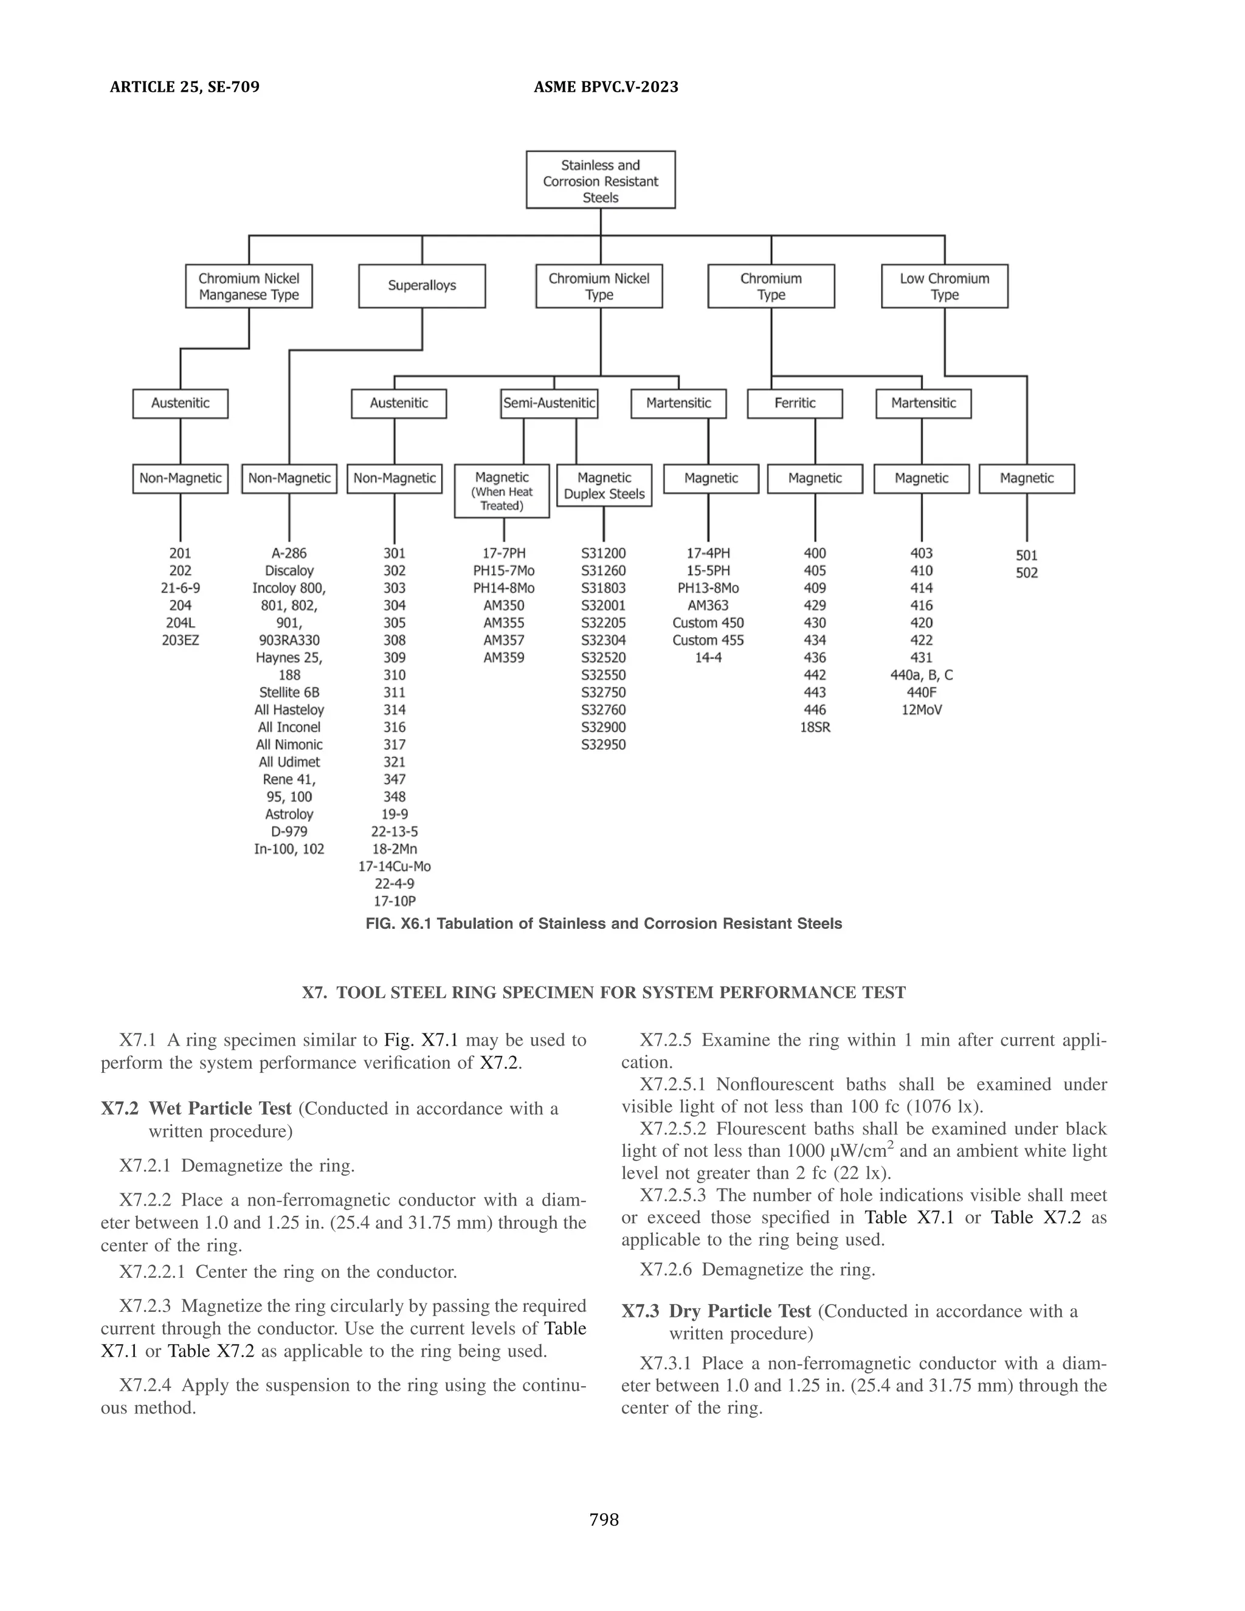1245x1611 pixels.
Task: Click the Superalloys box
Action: [x=422, y=286]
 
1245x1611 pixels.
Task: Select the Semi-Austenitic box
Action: [x=549, y=404]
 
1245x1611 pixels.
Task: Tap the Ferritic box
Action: [x=795, y=404]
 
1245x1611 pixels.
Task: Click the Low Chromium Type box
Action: [x=944, y=286]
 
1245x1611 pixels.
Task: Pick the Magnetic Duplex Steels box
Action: [x=604, y=485]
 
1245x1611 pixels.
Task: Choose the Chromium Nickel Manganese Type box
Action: [x=249, y=286]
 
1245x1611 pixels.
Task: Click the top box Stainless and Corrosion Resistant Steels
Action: [x=601, y=181]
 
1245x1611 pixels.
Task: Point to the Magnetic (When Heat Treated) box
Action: [x=502, y=491]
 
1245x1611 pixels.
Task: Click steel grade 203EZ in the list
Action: [x=180, y=640]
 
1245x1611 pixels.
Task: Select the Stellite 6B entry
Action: [x=289, y=692]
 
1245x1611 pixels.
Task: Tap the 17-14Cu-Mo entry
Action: [x=395, y=867]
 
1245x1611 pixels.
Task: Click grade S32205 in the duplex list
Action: [x=603, y=623]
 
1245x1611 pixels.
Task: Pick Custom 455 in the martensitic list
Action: [x=708, y=640]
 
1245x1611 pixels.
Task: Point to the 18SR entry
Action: [x=815, y=727]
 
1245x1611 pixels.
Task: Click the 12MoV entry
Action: [x=922, y=710]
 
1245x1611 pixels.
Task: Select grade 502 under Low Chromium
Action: [x=1027, y=573]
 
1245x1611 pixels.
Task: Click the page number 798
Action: [x=604, y=1520]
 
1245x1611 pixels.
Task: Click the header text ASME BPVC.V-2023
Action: [x=605, y=87]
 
